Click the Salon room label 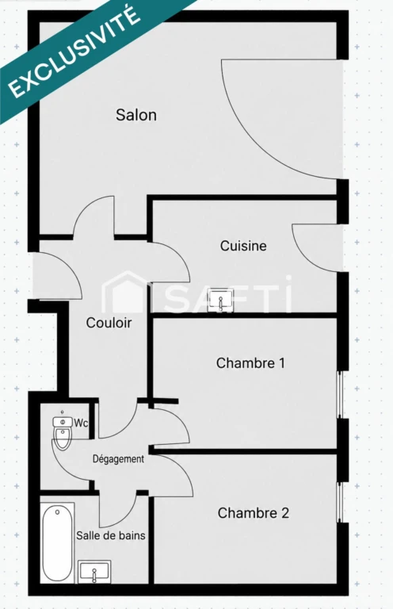[136, 115]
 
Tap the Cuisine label [243, 246]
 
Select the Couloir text [109, 323]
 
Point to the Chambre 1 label [250, 363]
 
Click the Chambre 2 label [254, 513]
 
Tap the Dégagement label [118, 459]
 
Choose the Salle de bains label [111, 535]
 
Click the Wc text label [81, 423]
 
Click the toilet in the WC [62, 434]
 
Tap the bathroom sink [94, 572]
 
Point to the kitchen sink [221, 300]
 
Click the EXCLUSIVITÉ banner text [74, 52]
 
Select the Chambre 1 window [339, 395]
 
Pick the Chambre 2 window [339, 502]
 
